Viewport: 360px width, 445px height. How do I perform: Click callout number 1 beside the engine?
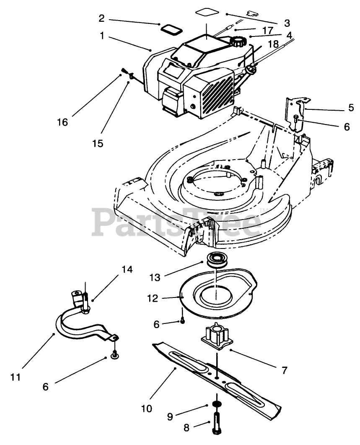coord(102,36)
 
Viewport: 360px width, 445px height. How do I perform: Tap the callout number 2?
coord(102,18)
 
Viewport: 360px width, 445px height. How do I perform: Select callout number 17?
coord(268,30)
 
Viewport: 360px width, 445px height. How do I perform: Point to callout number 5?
coord(351,108)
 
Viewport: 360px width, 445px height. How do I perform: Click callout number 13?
coord(155,277)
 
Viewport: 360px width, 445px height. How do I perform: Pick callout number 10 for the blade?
coord(147,409)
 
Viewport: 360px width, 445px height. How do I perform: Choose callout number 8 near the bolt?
coord(186,427)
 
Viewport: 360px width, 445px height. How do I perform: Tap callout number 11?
coord(16,377)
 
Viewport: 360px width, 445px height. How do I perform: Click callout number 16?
coord(63,122)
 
